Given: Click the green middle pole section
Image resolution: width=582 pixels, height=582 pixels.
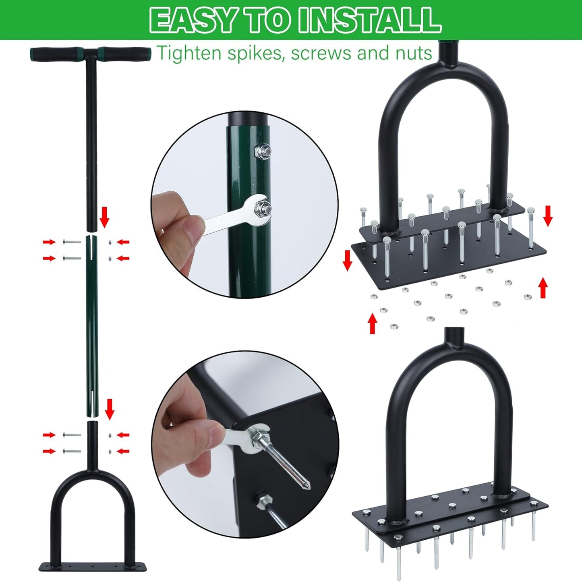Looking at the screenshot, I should coord(91,322).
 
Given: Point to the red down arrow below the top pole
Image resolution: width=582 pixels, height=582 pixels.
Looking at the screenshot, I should coord(104,216).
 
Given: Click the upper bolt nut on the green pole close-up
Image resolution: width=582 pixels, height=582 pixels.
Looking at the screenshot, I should coord(262,151).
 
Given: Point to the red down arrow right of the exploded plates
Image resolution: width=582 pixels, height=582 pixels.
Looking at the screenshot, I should coord(547,216).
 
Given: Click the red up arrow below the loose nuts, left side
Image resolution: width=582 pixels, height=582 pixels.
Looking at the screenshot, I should coord(373,324).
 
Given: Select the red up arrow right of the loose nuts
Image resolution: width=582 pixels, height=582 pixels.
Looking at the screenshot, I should coord(543,288).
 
